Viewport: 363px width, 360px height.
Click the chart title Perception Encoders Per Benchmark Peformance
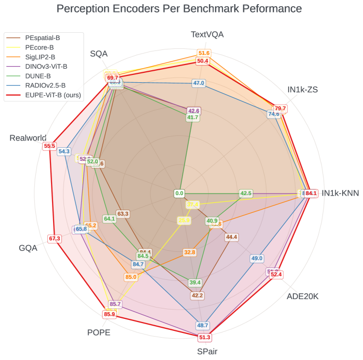pyautogui.click(x=179, y=9)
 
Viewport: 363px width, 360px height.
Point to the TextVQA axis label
pyautogui.click(x=207, y=35)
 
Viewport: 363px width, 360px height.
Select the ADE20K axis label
pyautogui.click(x=303, y=296)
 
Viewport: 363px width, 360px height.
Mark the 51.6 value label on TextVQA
pyautogui.click(x=204, y=53)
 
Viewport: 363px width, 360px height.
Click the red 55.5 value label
pyautogui.click(x=49, y=146)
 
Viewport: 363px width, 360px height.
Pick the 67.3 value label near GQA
pyautogui.click(x=55, y=238)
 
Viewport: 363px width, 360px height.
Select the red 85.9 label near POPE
pyautogui.click(x=109, y=314)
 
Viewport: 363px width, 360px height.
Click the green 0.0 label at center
pyautogui.click(x=179, y=194)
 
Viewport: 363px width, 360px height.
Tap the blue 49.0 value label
pyautogui.click(x=257, y=258)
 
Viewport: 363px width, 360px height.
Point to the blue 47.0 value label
pyautogui.click(x=199, y=83)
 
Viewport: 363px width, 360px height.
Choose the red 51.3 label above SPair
pyautogui.click(x=204, y=337)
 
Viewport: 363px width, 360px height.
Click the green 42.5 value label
pyautogui.click(x=245, y=194)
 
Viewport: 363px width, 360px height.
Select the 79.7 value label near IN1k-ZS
pyautogui.click(x=280, y=108)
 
